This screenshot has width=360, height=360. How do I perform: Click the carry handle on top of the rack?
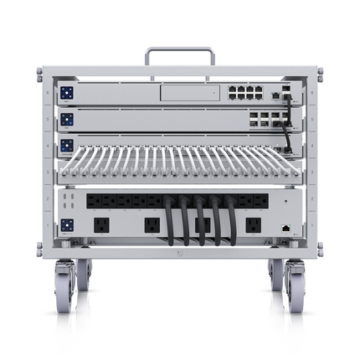(179, 52)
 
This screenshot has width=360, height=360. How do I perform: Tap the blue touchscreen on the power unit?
(67, 224)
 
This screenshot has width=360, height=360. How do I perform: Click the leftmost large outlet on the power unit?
(101, 224)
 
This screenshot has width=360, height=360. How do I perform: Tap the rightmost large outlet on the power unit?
(252, 224)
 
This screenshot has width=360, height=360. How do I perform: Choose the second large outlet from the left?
(152, 224)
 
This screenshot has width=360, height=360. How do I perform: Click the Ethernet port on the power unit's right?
(287, 227)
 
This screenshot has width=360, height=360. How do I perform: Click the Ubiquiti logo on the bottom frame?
(179, 251)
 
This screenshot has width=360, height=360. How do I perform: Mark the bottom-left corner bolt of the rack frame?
(39, 249)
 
